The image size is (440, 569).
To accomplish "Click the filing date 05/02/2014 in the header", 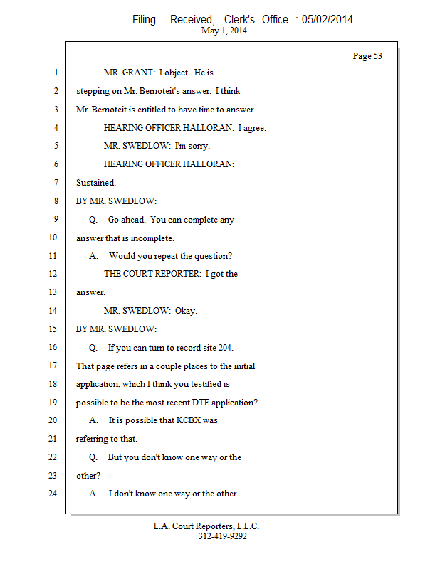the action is click(327, 19).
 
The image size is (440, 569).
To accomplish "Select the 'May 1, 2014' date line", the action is click(224, 31).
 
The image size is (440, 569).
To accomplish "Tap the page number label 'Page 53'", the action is click(367, 56).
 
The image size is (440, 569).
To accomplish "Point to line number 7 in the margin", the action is click(56, 182).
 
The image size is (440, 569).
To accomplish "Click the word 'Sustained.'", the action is click(96, 183).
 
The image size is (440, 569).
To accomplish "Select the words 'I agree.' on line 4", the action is click(252, 128).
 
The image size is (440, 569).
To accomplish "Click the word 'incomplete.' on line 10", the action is click(152, 238).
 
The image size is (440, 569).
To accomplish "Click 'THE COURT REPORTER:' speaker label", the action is click(152, 274).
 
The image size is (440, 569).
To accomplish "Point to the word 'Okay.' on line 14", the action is click(186, 311).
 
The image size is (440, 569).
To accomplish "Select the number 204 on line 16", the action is click(226, 348).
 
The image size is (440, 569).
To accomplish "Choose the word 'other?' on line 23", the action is click(88, 475).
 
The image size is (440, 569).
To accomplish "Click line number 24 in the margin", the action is click(53, 493).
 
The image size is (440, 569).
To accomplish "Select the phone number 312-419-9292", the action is click(223, 536).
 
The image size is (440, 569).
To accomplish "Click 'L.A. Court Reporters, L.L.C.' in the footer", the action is click(206, 526).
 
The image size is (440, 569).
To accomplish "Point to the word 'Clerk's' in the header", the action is click(239, 19).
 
